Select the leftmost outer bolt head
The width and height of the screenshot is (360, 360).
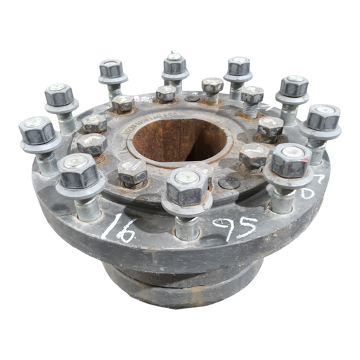[x=37, y=130]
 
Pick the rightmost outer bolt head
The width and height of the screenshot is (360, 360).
[x=323, y=117]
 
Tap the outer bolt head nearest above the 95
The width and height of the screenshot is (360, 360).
[x=290, y=161]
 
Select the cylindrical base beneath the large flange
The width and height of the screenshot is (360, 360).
[x=183, y=281]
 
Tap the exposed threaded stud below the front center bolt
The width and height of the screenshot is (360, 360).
[x=186, y=226]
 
